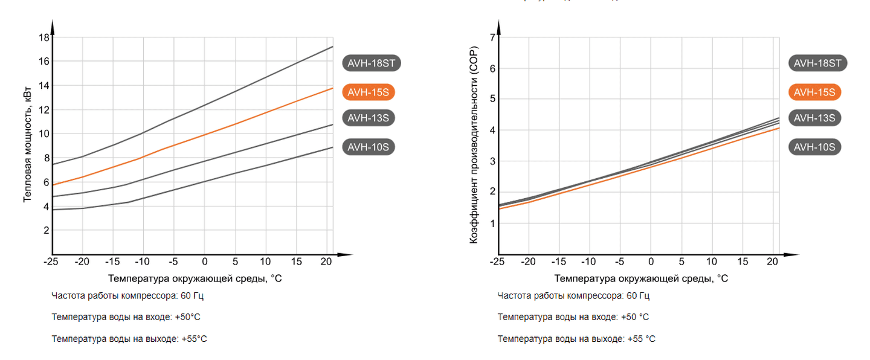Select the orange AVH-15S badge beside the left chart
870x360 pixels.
click(x=369, y=92)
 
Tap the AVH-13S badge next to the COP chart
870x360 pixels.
click(x=814, y=118)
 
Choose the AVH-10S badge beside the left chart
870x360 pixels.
click(x=369, y=147)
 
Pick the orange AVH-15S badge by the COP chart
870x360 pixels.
click(x=814, y=92)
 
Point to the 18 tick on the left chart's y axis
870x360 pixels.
click(x=43, y=37)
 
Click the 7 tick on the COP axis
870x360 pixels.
click(x=492, y=37)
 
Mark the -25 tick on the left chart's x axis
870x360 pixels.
click(x=51, y=262)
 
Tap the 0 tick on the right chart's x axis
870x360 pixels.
click(x=651, y=262)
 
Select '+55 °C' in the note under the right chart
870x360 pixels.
click(x=642, y=339)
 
